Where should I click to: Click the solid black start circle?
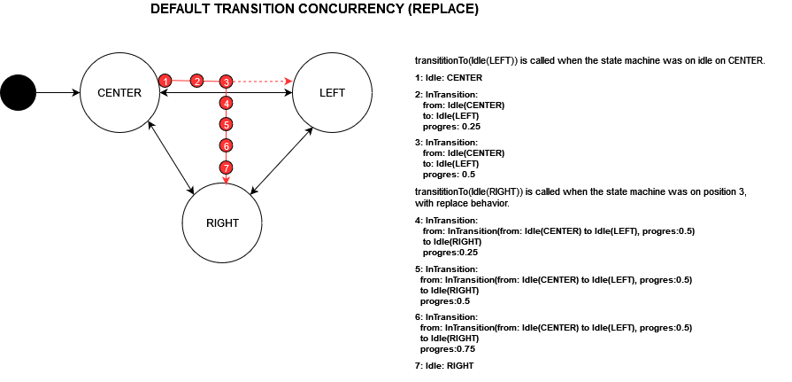pos(18,92)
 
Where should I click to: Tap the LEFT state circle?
pos(332,92)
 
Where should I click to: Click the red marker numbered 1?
pos(165,81)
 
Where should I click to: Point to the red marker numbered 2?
pos(197,81)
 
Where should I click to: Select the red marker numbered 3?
pos(227,82)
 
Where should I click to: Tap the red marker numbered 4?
pos(227,103)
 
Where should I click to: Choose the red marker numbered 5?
pos(227,124)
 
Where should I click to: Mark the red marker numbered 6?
pos(227,145)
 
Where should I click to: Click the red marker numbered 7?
pos(227,167)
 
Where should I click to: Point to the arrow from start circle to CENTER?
pos(57,92)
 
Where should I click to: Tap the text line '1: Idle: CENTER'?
pos(443,78)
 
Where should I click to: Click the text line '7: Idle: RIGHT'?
pos(444,365)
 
